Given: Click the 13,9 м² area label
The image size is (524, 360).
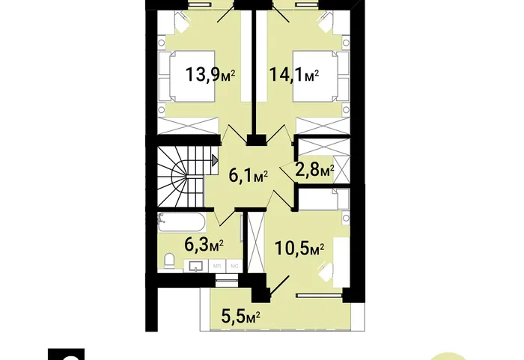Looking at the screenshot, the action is tap(210, 74).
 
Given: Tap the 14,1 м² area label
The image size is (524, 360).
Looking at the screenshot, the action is tap(293, 74).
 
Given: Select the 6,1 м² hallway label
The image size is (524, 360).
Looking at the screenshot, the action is tap(248, 175).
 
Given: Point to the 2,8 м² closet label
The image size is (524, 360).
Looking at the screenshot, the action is tap(314, 170).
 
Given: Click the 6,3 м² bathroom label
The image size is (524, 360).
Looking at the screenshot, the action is tap(204, 245).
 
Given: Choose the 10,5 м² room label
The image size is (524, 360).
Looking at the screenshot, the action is tap(299, 248).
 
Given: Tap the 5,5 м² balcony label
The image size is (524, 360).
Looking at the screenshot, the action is tap(241, 315).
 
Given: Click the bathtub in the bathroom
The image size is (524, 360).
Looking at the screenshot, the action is tap(182, 222).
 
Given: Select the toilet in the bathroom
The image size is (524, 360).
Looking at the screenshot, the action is tap(169, 260).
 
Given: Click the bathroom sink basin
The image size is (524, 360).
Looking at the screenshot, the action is tap(196, 266).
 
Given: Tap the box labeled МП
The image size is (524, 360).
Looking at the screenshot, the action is tap(217, 266).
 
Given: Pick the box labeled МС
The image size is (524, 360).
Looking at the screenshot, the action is tap(234, 266).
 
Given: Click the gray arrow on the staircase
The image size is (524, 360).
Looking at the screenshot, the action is tap(215, 160).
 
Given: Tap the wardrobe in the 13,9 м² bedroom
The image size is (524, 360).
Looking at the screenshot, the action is tap(188, 126).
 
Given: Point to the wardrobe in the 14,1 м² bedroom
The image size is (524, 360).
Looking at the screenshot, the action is tap(323, 126).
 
